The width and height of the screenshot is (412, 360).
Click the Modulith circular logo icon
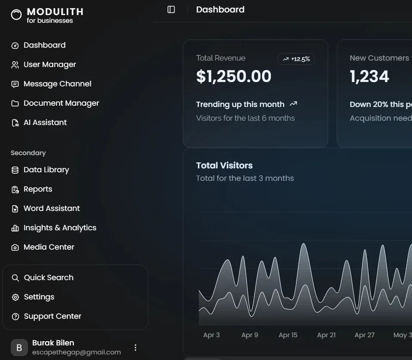coord(16,15)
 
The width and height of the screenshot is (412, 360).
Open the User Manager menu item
coord(49,64)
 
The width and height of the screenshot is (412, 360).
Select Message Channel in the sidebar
coord(57,84)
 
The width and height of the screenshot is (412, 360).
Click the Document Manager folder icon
coord(15,104)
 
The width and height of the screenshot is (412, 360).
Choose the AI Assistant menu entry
coord(45,122)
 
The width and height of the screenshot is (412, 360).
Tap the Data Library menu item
coord(46,170)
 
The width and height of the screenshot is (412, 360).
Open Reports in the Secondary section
coord(38,189)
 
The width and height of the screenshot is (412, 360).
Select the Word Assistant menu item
coord(52,208)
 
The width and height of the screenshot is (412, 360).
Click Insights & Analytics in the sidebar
coord(60,228)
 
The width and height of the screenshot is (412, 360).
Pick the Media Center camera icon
coord(15,247)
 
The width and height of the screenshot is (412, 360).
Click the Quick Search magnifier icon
coord(15,278)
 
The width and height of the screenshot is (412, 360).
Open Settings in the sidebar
coord(39,297)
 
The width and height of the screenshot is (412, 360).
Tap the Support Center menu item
coord(52,316)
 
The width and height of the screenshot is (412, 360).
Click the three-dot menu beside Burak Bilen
coord(135,348)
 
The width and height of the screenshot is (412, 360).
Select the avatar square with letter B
coord(19,348)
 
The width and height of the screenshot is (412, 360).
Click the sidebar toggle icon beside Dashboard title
coord(171,9)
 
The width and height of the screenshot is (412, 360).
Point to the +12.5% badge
coord(296,59)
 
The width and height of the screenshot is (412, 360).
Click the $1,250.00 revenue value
coord(234,76)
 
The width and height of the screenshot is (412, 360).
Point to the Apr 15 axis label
coord(288,335)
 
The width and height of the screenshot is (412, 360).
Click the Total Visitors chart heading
coord(224,165)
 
